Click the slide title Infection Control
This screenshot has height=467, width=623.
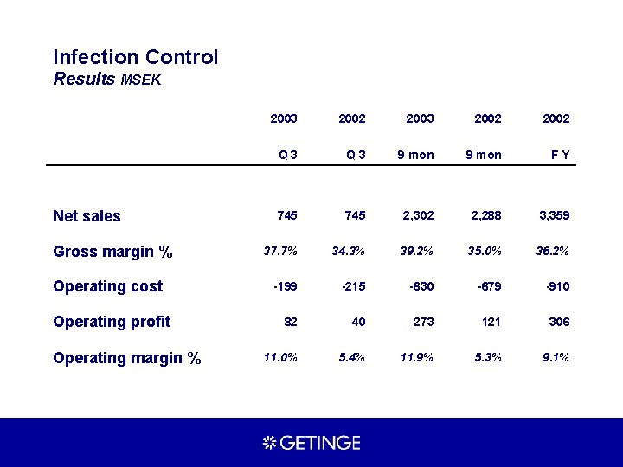136,57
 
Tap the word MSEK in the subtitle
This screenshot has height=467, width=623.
141,80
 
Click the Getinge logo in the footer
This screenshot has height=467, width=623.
311,443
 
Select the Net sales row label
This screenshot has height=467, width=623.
87,216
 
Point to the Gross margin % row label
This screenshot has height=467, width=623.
112,252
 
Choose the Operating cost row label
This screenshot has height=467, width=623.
107,286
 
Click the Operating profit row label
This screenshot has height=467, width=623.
112,322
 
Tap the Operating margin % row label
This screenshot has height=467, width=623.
126,357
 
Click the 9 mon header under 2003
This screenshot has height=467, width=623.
415,155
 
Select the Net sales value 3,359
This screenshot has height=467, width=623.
553,215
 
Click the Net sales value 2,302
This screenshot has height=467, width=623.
417,215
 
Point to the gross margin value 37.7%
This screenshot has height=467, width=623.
280,252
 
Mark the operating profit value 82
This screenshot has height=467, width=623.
290,322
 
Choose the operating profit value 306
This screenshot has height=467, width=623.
559,322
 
